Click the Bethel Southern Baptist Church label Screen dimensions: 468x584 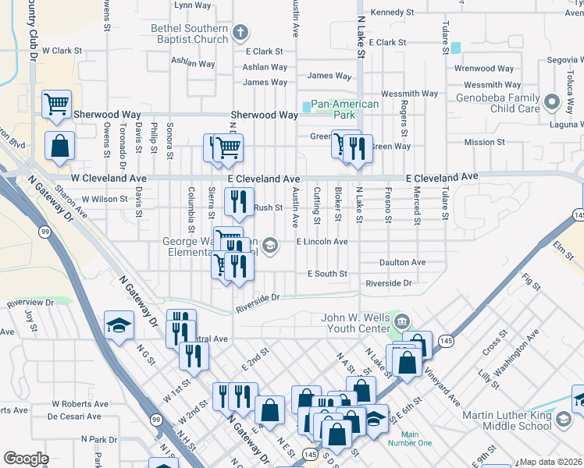190,34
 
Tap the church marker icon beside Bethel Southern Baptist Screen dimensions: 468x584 240,34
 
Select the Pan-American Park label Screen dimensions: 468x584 344,109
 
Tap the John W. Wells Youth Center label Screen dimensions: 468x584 355,323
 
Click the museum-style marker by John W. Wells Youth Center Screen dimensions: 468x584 402,321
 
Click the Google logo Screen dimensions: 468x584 26,459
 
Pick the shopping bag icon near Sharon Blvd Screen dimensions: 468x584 59,144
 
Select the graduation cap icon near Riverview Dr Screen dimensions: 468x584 119,324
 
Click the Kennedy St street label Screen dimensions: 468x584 392,12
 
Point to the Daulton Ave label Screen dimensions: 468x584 402,262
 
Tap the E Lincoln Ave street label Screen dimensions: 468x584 322,242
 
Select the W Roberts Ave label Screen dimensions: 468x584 80,404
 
